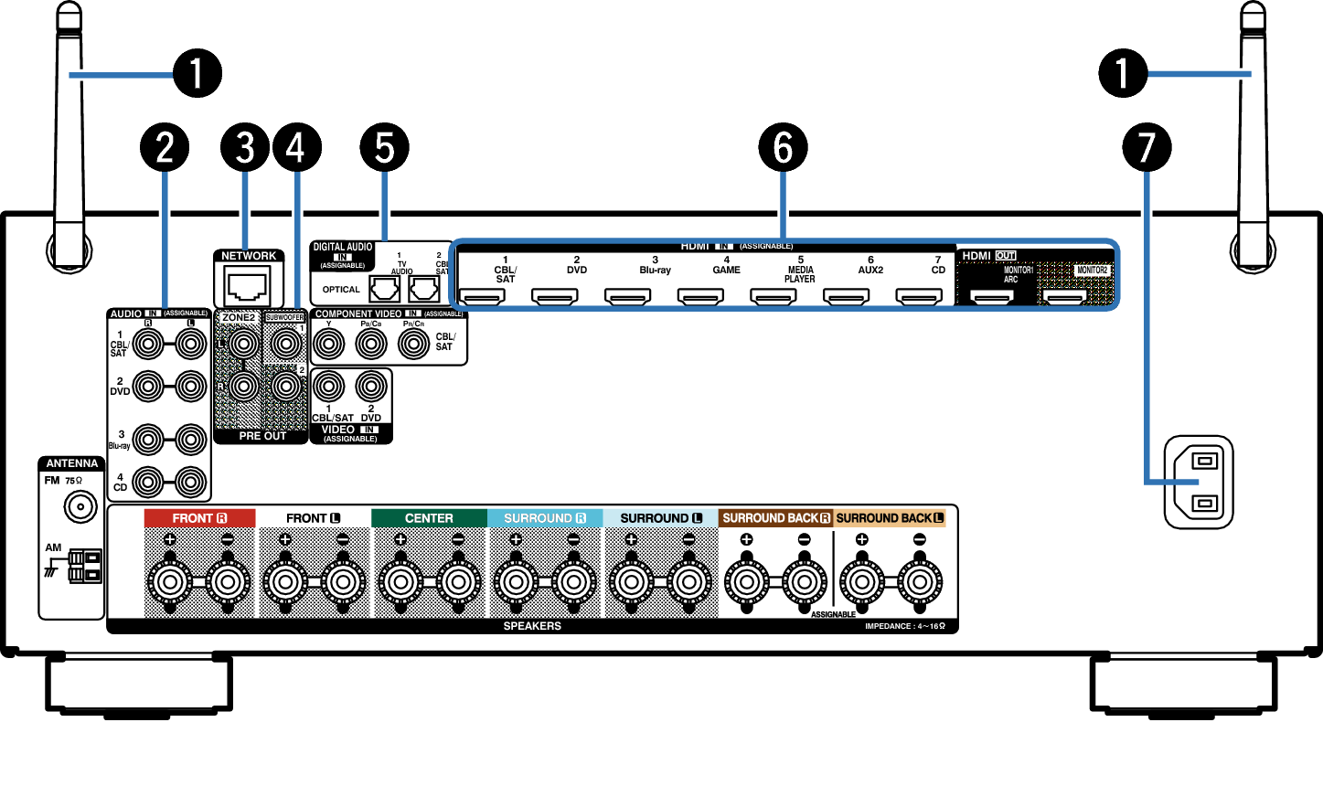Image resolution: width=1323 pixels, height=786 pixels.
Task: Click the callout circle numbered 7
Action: point(1147,147)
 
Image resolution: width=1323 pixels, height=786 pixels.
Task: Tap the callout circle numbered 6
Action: point(784,147)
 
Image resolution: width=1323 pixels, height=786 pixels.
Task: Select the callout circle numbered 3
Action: point(245,147)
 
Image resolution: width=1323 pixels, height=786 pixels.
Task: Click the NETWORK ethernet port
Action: point(248,287)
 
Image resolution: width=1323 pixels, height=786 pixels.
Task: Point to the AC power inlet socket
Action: point(1199,482)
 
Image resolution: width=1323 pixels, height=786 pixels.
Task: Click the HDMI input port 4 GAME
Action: point(700,296)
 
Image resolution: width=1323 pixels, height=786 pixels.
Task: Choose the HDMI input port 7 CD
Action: point(919,296)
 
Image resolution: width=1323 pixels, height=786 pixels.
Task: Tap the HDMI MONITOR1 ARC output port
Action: point(992,296)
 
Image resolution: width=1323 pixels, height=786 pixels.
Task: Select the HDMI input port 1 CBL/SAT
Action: point(482,296)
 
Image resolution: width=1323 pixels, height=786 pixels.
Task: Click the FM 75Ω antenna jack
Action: point(80,506)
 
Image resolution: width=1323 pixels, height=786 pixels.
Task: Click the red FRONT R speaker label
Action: point(199,518)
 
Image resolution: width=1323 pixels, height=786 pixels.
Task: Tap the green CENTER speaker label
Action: point(429,518)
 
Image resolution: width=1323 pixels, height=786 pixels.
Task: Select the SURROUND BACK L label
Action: point(890,518)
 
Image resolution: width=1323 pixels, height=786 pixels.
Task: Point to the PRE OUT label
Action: point(262,436)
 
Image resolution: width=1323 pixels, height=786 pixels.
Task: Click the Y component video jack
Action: point(329,345)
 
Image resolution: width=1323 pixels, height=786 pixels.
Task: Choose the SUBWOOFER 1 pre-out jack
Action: point(285,345)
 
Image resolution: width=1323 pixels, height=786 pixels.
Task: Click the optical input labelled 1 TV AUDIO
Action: point(385,289)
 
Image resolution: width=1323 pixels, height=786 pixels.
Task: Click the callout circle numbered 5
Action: point(384,147)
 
